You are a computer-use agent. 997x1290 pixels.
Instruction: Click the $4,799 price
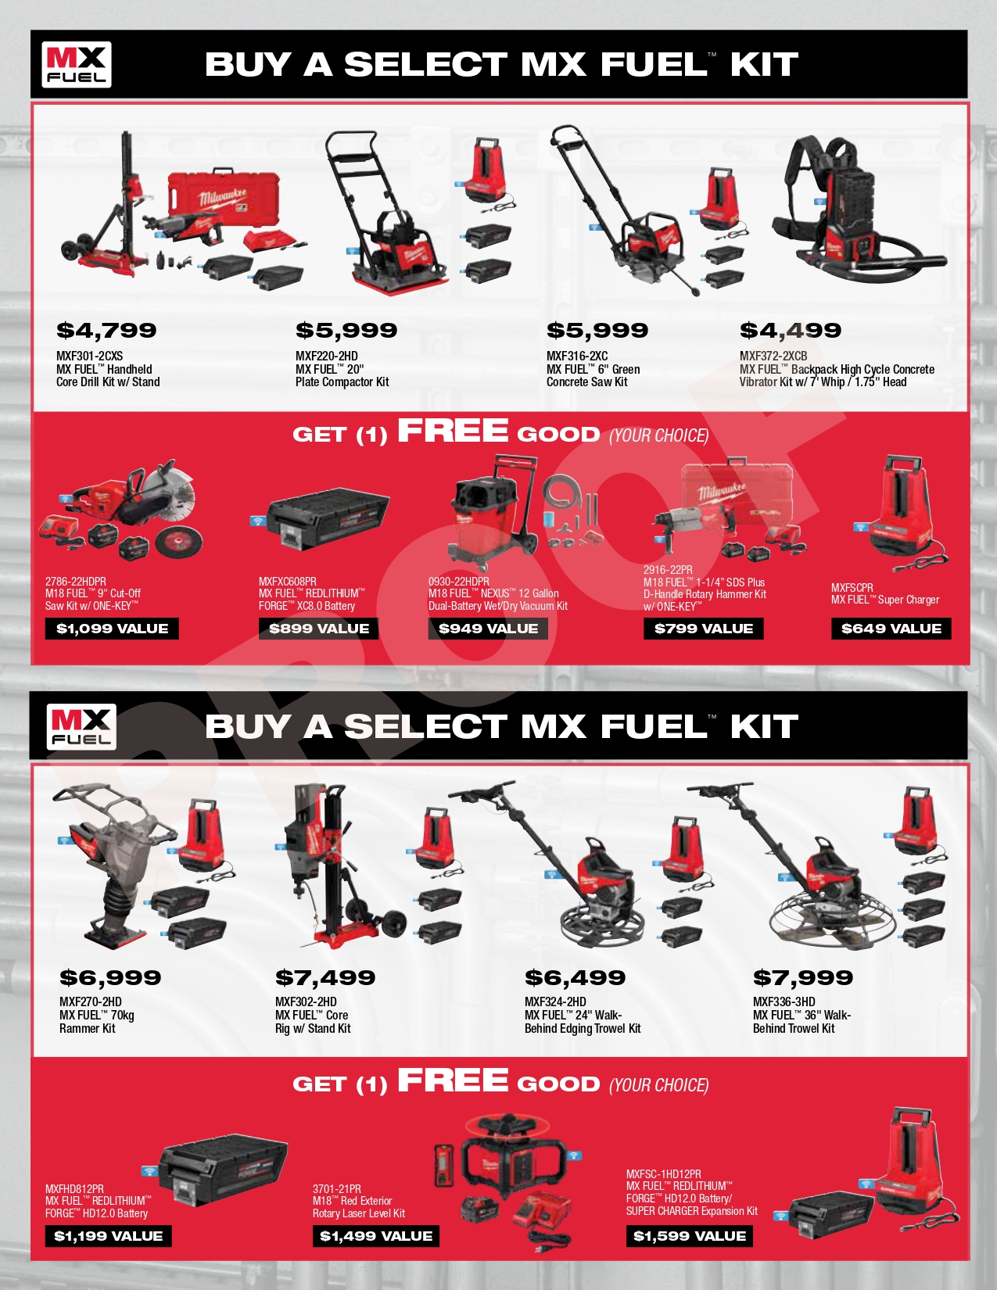106,330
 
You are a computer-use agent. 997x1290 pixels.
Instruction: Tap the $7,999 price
803,977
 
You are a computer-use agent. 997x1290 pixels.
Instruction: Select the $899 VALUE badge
319,629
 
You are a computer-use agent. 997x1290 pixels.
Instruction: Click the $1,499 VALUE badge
376,1236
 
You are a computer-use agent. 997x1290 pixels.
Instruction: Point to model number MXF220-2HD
327,357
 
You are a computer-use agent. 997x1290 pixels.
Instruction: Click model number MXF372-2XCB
773,357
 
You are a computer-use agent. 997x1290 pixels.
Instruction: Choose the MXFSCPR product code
852,588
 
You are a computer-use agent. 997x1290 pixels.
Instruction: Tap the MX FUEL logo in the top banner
77,64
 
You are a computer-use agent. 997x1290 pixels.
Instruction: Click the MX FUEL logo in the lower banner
81,726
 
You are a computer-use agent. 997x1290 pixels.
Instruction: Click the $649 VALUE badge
891,629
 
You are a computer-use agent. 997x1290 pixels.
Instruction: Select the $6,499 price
575,977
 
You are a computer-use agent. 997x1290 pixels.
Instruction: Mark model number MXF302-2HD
306,1002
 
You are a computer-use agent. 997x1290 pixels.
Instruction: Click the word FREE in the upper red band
453,431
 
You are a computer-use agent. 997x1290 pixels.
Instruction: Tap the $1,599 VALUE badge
690,1236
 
